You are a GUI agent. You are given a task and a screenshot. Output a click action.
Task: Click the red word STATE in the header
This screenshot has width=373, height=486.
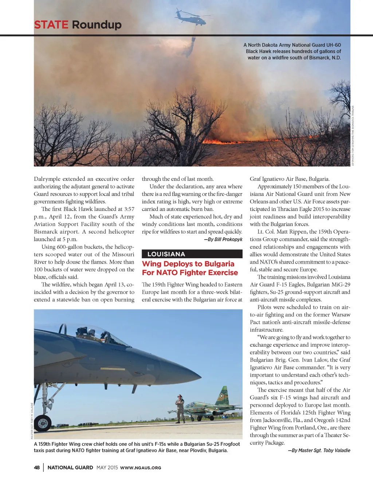pos(51,25)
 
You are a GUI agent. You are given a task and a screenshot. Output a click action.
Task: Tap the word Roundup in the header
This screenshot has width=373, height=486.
pos(97,25)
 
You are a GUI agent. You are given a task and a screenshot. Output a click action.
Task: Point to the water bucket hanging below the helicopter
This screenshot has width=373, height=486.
pos(194,39)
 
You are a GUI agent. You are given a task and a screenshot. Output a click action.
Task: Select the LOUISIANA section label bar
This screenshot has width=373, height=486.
pos(192,254)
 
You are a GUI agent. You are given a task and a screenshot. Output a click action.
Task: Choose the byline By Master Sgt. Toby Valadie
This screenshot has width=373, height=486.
pos(319,450)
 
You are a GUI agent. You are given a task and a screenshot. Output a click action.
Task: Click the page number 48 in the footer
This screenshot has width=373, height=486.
pos(37,467)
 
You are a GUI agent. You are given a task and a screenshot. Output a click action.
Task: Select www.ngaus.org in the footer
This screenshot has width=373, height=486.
pos(141,468)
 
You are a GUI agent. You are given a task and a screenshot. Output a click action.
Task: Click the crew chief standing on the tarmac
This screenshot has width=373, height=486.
pos(180,408)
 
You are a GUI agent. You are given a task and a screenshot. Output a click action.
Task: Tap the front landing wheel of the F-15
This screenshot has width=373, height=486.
pos(43,423)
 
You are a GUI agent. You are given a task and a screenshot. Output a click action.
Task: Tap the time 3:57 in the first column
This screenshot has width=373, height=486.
pos(129,209)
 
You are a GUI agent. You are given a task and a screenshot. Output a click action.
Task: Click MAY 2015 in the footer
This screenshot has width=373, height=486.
pos(107,467)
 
